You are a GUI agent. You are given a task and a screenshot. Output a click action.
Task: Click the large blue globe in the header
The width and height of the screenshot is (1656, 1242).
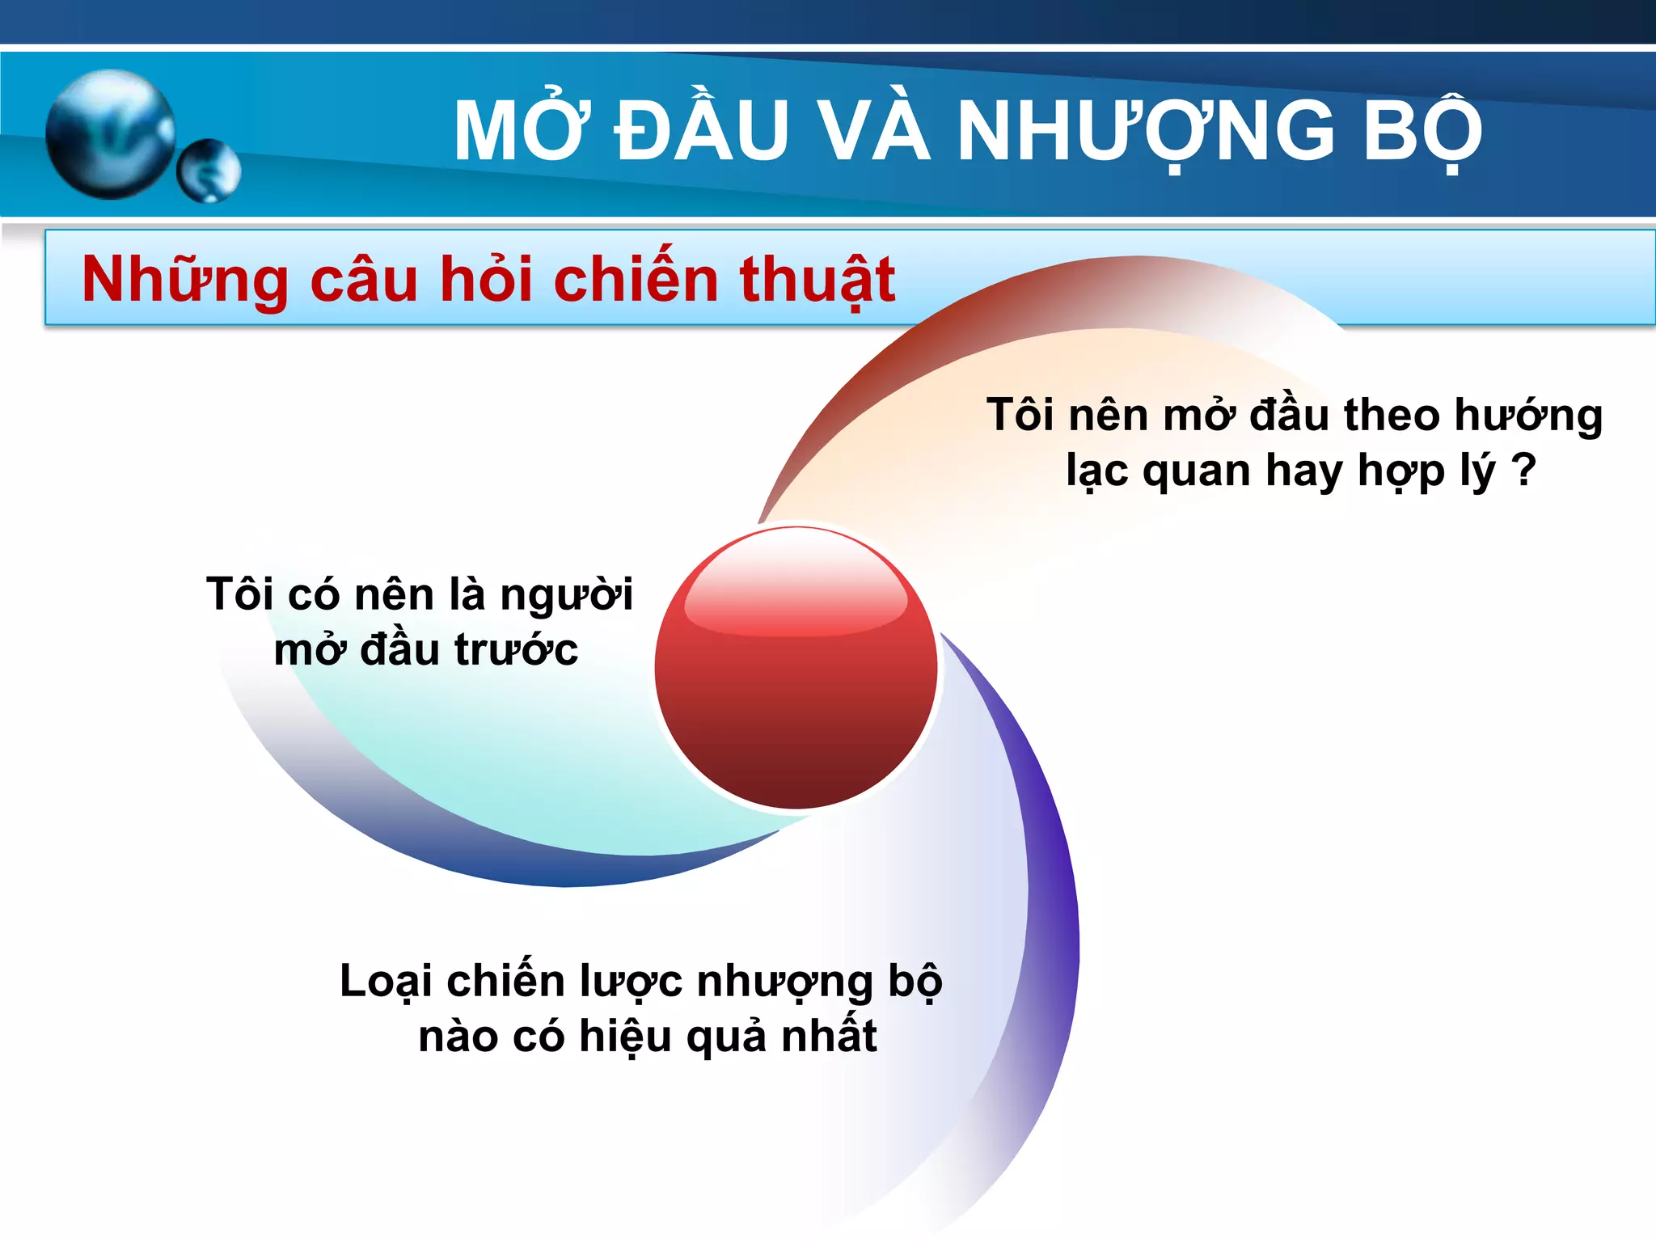click(111, 134)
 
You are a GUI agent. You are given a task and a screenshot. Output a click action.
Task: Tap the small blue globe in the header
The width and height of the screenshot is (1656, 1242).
click(209, 171)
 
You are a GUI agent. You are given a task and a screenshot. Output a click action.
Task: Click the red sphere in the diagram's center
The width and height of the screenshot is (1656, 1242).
click(796, 668)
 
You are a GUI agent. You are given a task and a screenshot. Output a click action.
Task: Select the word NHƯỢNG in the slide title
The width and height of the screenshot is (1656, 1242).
click(1145, 131)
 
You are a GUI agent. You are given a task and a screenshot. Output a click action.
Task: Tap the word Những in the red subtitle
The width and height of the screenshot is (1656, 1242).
click(185, 280)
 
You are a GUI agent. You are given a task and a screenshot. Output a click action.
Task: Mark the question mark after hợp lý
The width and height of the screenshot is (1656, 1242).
click(1523, 469)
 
